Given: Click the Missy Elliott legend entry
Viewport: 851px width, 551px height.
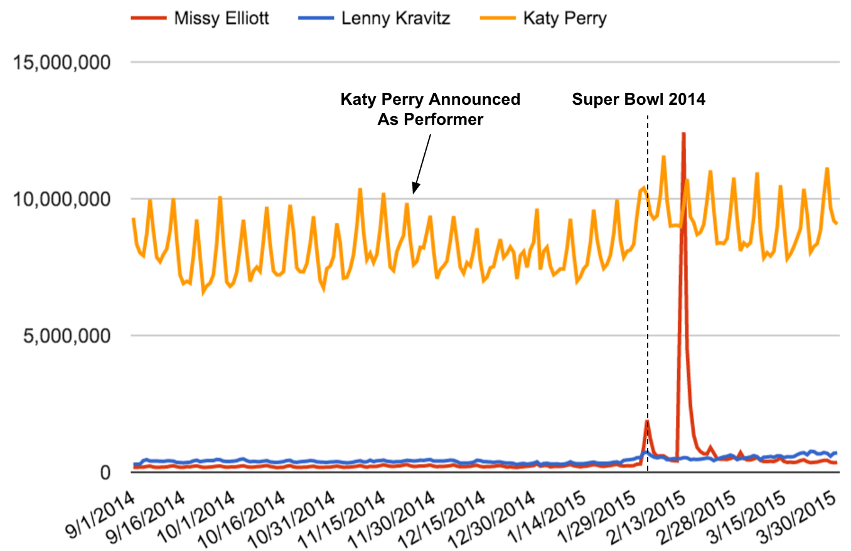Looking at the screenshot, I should point(221,18).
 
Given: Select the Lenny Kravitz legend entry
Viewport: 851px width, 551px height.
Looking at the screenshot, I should point(395,18).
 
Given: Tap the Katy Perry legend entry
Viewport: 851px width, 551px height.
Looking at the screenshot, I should point(565,18).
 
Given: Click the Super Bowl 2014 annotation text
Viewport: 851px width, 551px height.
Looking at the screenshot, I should point(639,99).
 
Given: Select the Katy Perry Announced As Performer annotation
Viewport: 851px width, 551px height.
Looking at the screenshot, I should point(430,109).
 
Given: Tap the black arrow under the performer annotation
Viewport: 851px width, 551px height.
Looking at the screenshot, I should point(422,163).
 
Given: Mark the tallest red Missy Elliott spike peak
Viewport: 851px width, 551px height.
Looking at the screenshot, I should point(683,133).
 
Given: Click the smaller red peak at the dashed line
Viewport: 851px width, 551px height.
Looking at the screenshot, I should point(647,421).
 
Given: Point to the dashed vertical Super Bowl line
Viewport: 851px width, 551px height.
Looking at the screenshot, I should point(647,282).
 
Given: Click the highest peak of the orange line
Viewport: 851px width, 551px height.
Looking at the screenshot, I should point(663,156).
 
